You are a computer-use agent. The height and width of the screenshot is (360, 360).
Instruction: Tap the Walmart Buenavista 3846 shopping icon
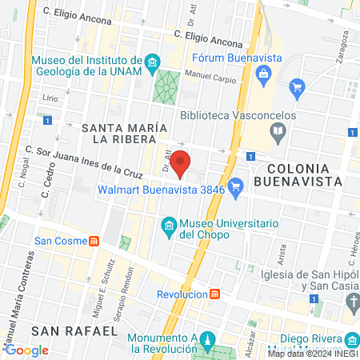[x=235, y=190]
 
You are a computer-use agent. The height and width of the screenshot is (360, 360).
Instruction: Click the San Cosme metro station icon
[x=93, y=240]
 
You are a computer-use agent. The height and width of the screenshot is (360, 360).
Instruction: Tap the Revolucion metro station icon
[x=214, y=294]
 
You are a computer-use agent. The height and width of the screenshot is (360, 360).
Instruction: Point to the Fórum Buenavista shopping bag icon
[x=262, y=74]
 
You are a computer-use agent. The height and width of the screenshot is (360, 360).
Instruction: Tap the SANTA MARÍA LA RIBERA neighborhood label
[x=123, y=133]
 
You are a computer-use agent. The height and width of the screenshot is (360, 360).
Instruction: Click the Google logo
[x=26, y=350]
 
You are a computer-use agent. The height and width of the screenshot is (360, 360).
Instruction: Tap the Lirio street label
[x=50, y=98]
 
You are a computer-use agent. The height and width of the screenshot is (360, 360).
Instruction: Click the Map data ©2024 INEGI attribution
[x=312, y=354]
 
